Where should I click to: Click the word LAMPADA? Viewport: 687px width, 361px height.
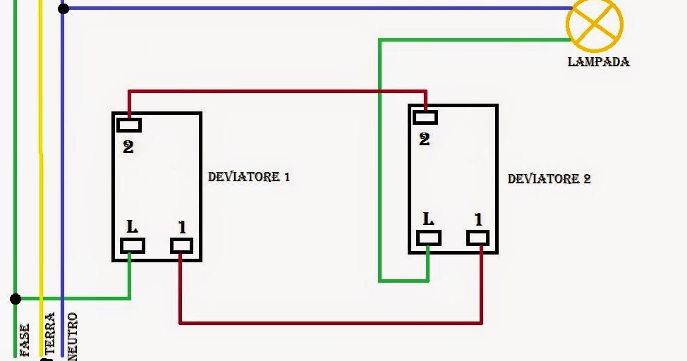coord(598,62)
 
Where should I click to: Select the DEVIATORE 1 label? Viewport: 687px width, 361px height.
coord(248,176)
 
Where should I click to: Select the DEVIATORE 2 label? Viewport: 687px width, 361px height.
coord(549,179)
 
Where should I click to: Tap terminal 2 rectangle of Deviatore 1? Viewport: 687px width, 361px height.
coord(129,126)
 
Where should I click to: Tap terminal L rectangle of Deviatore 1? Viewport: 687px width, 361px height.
coord(132,245)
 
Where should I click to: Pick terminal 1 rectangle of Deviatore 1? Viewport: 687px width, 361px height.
coord(181,245)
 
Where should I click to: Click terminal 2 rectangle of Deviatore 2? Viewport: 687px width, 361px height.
coord(425,118)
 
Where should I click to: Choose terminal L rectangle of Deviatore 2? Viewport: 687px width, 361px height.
coord(428,238)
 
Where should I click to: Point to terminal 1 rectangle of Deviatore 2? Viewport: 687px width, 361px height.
coord(478,238)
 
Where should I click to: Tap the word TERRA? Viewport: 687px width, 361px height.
coord(49,335)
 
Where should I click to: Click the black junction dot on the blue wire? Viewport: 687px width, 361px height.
coord(63,8)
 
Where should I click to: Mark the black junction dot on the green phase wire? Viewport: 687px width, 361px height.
coord(16,299)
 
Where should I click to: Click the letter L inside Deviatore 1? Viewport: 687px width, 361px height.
coord(132,227)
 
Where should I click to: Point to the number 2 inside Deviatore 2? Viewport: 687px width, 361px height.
coord(424,140)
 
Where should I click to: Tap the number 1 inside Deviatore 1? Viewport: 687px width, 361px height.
coord(182,227)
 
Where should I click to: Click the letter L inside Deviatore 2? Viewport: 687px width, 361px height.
coord(428,219)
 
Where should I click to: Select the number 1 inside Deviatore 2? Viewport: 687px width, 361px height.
coord(478,219)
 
